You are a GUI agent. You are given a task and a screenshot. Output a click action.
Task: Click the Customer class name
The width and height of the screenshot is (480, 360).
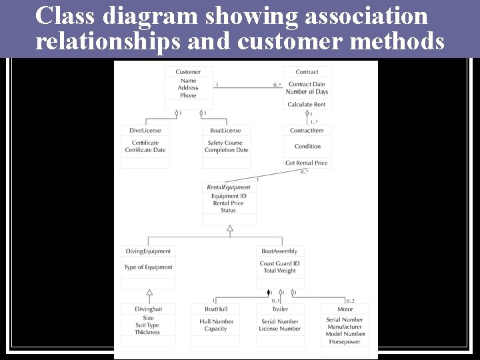point(188,72)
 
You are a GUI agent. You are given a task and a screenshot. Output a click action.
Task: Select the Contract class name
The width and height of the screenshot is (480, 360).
point(307,72)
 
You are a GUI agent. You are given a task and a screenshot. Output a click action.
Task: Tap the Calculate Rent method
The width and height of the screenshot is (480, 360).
point(307,105)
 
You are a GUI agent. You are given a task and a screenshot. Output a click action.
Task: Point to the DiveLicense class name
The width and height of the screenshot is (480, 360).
point(145,131)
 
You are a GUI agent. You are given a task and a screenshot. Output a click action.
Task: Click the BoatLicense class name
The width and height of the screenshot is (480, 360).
point(225,131)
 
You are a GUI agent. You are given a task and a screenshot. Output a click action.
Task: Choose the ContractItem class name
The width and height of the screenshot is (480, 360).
point(307,131)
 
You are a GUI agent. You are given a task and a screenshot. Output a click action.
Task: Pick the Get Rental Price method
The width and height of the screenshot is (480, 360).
point(307,163)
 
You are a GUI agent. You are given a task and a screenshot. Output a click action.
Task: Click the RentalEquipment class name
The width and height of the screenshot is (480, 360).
point(229,187)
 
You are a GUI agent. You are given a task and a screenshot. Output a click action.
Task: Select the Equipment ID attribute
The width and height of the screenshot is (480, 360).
point(229,196)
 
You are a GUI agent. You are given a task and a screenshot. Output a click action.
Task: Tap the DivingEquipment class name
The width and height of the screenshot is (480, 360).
point(149,251)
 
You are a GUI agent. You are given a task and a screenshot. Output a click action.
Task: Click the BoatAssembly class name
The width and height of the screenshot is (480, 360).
point(279,251)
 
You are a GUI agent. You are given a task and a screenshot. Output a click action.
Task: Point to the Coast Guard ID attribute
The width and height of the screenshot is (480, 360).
point(279,263)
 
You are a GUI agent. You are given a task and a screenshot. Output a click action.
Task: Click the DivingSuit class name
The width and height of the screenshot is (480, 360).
point(148,309)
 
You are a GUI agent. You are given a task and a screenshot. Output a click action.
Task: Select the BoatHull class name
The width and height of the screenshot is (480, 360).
point(216,309)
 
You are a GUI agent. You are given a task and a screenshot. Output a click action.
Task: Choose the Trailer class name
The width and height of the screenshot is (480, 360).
point(280,309)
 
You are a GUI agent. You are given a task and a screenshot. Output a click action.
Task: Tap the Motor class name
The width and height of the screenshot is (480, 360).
point(345,309)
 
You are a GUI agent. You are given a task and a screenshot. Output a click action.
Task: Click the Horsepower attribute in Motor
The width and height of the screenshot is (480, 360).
point(345,341)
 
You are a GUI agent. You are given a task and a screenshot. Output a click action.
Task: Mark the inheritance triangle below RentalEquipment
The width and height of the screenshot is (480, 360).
point(230,229)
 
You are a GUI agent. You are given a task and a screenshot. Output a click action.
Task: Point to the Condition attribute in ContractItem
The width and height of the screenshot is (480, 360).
point(307,147)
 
